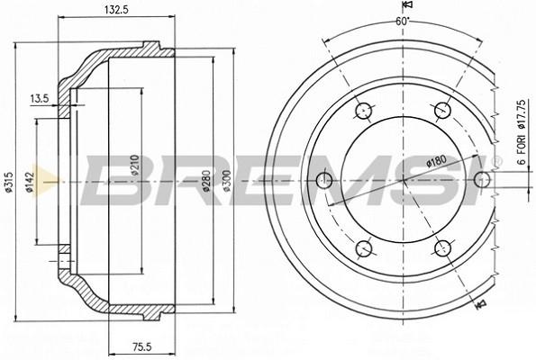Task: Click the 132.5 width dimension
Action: click(x=115, y=10)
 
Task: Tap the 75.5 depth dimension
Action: click(x=141, y=347)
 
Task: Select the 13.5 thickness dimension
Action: click(x=40, y=99)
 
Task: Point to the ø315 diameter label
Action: click(x=9, y=182)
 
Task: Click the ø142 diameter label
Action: click(x=31, y=182)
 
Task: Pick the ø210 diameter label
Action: click(x=135, y=165)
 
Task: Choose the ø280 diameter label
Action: click(x=206, y=181)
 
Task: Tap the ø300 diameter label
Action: click(x=227, y=181)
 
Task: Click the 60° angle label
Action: click(x=403, y=22)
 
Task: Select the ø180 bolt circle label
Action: click(x=437, y=161)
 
